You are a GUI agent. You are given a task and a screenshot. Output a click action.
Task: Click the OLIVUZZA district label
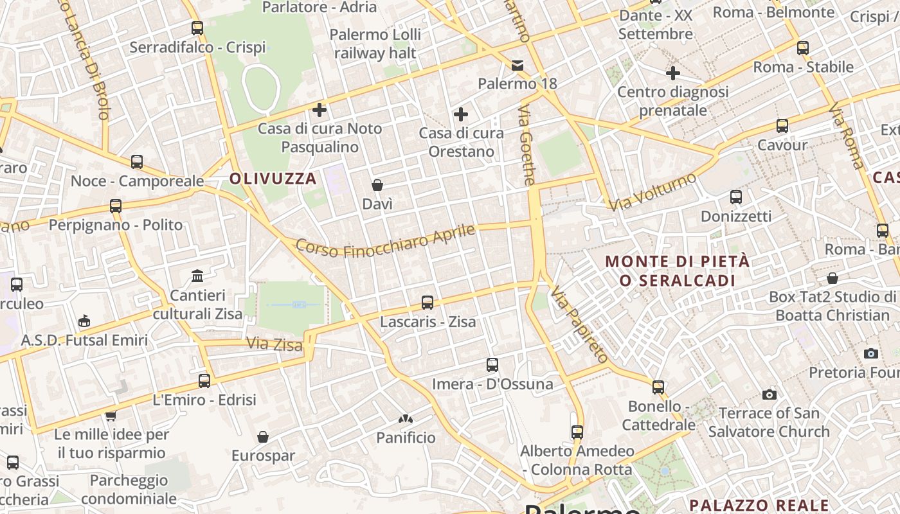[273, 179]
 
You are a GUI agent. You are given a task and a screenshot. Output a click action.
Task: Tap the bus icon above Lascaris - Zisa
[428, 302]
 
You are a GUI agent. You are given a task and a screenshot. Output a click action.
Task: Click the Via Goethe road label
[526, 145]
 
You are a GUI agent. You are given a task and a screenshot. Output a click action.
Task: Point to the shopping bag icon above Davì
[377, 185]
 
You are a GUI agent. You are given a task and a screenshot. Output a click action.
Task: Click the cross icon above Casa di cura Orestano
[461, 114]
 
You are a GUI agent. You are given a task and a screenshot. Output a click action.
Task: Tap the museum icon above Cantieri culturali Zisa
[197, 276]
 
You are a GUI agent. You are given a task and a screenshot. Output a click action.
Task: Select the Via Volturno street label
[652, 191]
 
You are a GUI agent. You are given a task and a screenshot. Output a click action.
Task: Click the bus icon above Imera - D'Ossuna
[492, 365]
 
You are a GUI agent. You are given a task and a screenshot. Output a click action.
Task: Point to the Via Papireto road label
[579, 324]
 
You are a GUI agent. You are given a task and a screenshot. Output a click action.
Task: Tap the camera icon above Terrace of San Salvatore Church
[769, 394]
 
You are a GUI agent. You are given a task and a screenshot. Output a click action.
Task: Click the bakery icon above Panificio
[406, 419]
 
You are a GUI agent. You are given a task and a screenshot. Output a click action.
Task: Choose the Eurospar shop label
[263, 456]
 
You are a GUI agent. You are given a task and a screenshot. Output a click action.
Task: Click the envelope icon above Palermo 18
[517, 65]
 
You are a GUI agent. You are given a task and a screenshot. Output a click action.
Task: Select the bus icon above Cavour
[782, 126]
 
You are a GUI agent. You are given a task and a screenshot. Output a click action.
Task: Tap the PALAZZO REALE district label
[759, 505]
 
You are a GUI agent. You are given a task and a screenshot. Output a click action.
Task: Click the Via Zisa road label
[274, 344]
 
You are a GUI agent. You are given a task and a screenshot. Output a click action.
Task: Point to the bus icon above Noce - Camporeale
[137, 162]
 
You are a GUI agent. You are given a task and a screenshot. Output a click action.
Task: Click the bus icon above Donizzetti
[736, 197]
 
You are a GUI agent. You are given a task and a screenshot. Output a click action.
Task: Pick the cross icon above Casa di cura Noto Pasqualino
[319, 109]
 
